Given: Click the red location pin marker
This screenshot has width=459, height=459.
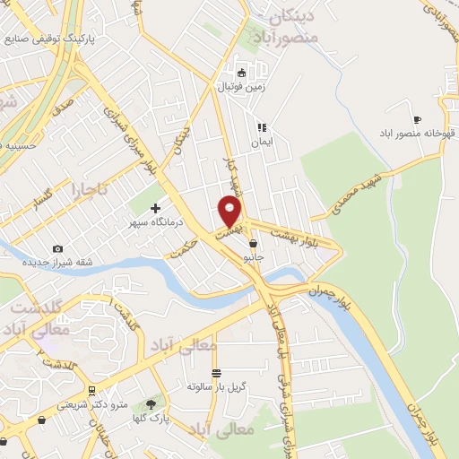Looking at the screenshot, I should (x=231, y=212).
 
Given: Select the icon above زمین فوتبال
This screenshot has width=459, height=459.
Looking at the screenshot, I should (x=240, y=73).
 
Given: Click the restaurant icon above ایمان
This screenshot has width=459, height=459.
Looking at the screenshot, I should (x=261, y=127).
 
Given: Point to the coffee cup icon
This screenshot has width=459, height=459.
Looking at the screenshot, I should (x=417, y=119).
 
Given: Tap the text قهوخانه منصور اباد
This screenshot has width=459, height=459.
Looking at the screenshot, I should (x=418, y=134).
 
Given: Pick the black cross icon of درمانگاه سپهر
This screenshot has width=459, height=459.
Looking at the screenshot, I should (x=155, y=208).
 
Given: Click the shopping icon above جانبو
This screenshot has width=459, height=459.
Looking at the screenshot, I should (x=254, y=243).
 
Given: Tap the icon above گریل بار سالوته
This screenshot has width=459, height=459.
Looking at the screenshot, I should (x=215, y=373).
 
